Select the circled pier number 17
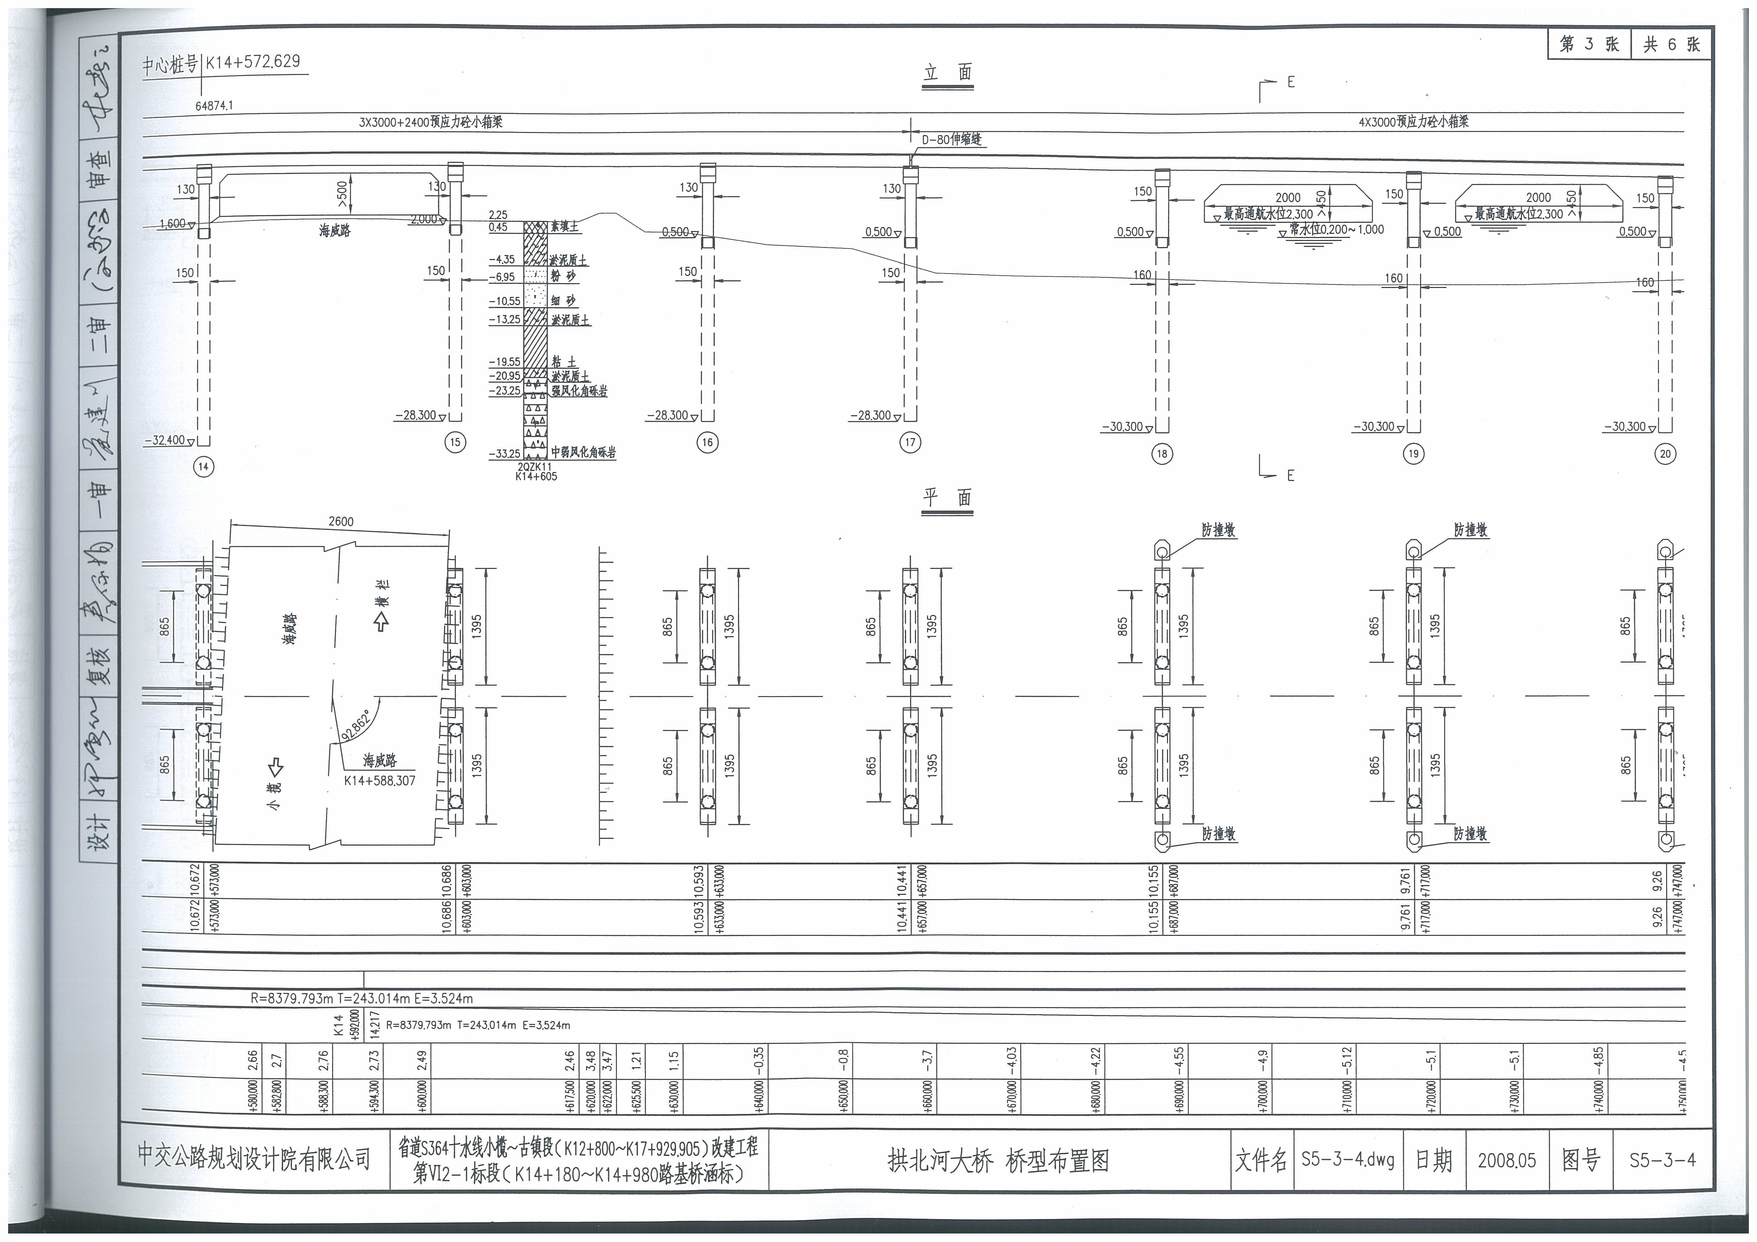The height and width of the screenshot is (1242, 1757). coord(910,442)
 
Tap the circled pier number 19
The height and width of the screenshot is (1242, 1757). coord(1413,454)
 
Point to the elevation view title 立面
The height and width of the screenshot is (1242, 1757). coord(948,74)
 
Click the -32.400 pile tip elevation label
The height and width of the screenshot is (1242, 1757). coord(165,440)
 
